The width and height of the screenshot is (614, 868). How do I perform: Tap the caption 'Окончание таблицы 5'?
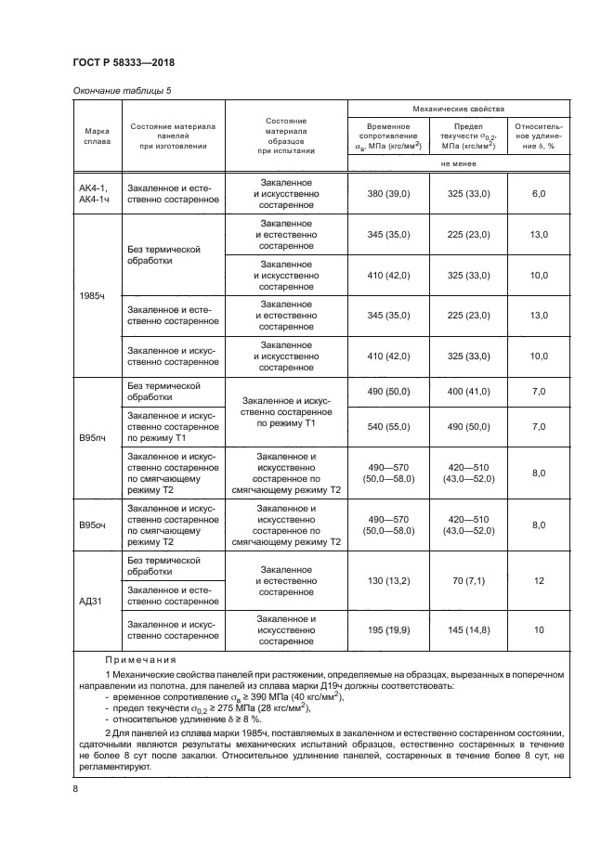tap(121, 90)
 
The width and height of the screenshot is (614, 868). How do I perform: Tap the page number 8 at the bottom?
tap(75, 788)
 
